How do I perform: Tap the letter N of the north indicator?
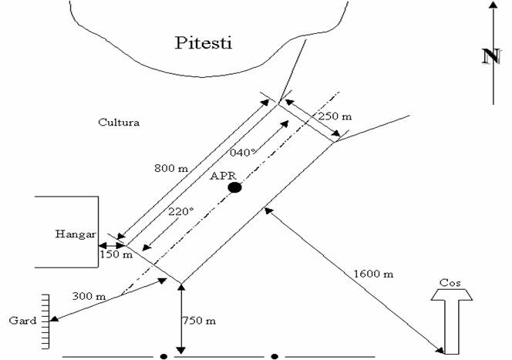click(x=488, y=56)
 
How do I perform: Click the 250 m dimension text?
click(x=334, y=116)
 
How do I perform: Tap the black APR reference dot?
click(x=234, y=187)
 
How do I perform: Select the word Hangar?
click(x=75, y=234)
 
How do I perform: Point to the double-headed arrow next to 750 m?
click(x=180, y=318)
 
